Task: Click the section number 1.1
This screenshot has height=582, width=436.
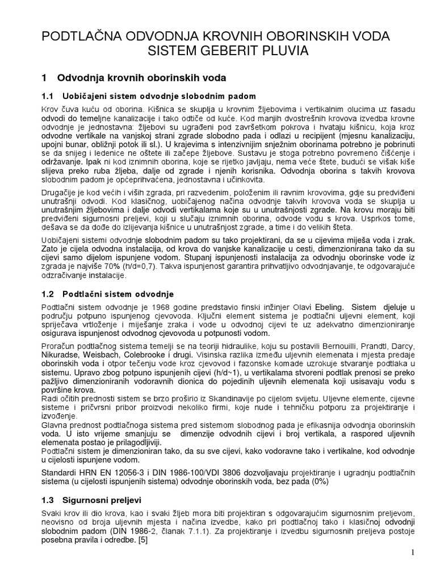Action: (48, 95)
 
